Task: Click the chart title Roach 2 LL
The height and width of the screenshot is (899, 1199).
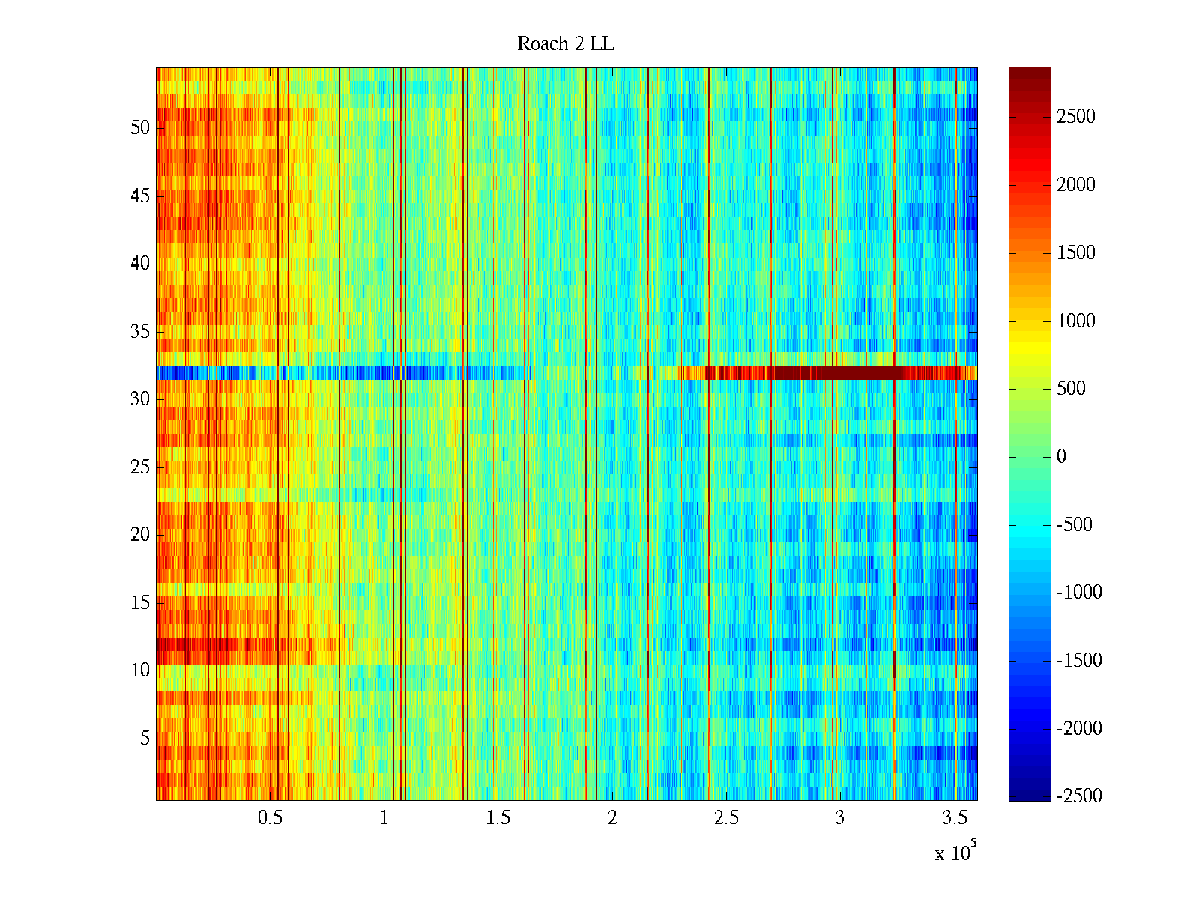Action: click(565, 44)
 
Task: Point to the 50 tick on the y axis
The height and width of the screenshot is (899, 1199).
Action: click(140, 128)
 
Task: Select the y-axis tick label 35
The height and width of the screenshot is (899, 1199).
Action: click(140, 332)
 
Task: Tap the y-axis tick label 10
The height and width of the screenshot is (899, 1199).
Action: click(140, 671)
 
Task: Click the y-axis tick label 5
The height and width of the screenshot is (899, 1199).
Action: click(145, 739)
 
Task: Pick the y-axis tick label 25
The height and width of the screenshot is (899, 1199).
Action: click(140, 467)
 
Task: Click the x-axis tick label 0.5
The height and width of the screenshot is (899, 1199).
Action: click(270, 818)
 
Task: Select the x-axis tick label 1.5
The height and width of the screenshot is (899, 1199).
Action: click(498, 818)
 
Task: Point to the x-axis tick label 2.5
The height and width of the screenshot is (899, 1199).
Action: click(726, 818)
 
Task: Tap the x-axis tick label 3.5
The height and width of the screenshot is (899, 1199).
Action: click(954, 818)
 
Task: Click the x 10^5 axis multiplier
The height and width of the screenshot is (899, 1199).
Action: click(955, 853)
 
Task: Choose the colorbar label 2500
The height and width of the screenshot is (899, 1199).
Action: click(1076, 117)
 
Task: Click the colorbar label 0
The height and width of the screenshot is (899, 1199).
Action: click(1061, 457)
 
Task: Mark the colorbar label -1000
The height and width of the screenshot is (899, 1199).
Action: click(1079, 593)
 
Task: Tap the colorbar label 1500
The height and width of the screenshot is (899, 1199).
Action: click(1076, 253)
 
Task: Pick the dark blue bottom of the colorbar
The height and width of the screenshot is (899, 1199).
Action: click(1030, 794)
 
